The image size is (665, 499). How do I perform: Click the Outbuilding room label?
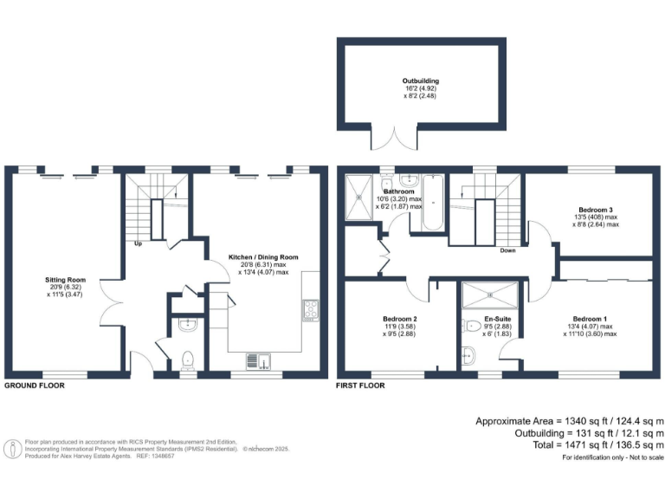(420, 81)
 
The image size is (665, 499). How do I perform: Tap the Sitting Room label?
(66, 280)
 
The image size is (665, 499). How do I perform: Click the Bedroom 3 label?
(597, 210)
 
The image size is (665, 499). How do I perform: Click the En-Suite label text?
(486, 319)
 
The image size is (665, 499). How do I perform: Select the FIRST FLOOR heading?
(361, 386)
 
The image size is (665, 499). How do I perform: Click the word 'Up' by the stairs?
(137, 243)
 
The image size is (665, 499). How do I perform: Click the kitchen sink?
(258, 360)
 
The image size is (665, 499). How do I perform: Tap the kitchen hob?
(310, 309)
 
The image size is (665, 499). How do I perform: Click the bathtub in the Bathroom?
(432, 202)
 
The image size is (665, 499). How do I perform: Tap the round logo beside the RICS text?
(12, 449)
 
